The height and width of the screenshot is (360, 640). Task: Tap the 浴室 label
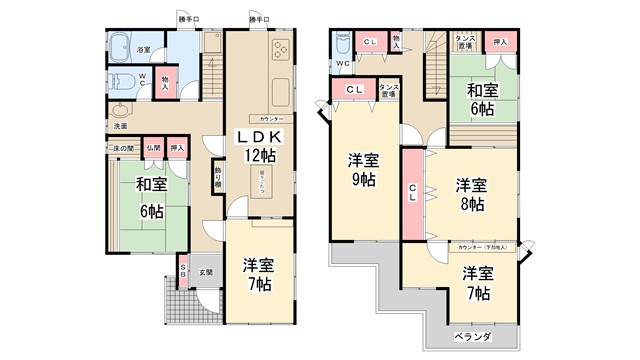pos(143,49)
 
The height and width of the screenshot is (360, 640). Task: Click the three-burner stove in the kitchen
pos(276,52)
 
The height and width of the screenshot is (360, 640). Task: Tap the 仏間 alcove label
pos(153,147)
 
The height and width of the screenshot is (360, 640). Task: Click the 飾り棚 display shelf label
pos(218,182)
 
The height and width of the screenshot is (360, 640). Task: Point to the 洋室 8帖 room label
pos(471,194)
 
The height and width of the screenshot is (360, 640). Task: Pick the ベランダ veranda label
pos(473,337)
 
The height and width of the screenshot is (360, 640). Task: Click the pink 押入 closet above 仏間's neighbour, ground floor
pos(177,147)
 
